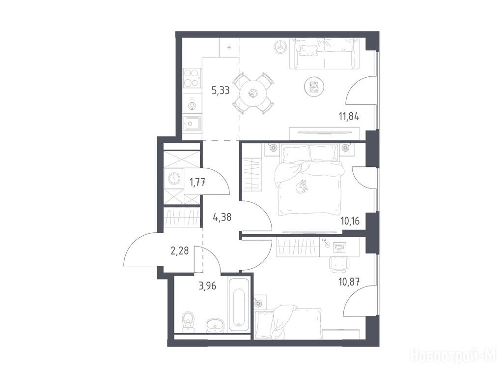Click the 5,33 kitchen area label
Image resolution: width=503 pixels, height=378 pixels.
tap(221, 91)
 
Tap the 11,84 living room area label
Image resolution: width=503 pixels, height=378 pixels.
tap(349, 116)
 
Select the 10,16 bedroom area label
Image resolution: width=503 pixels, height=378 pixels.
tap(350, 221)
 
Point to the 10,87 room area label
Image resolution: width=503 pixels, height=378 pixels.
tap(349, 282)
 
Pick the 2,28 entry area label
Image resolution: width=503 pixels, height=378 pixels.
tap(180, 251)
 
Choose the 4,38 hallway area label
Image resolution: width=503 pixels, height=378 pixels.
tap(222, 218)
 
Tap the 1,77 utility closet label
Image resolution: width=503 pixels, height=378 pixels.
tap(197, 183)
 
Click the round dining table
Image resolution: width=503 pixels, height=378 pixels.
tap(253, 93)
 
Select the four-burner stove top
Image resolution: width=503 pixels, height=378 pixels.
tap(192, 78)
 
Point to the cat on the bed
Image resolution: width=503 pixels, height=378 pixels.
tap(302, 187)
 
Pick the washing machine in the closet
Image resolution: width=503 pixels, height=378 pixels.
tap(173, 179)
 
